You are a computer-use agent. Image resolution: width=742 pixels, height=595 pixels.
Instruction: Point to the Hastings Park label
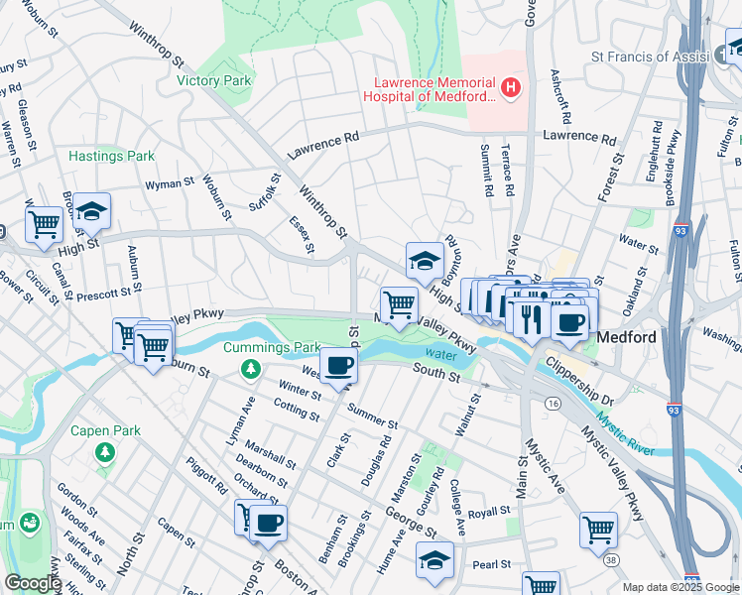point(112,156)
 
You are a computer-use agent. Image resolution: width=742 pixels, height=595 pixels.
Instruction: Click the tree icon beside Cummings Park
point(251,369)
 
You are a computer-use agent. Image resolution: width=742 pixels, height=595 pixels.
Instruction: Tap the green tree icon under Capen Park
point(104,452)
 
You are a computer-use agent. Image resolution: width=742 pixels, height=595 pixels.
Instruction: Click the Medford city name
point(627,337)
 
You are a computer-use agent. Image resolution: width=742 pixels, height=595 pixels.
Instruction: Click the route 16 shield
point(552,404)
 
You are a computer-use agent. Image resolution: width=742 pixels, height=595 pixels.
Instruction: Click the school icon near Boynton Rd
point(425,261)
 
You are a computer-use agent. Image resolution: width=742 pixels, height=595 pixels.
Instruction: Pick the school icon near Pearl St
point(433,559)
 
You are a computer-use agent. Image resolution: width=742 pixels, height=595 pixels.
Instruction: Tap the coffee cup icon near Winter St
point(338,365)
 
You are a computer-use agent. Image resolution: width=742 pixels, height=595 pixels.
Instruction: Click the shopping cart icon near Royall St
point(598,530)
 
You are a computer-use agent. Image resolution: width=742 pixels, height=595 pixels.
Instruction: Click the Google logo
point(33,583)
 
